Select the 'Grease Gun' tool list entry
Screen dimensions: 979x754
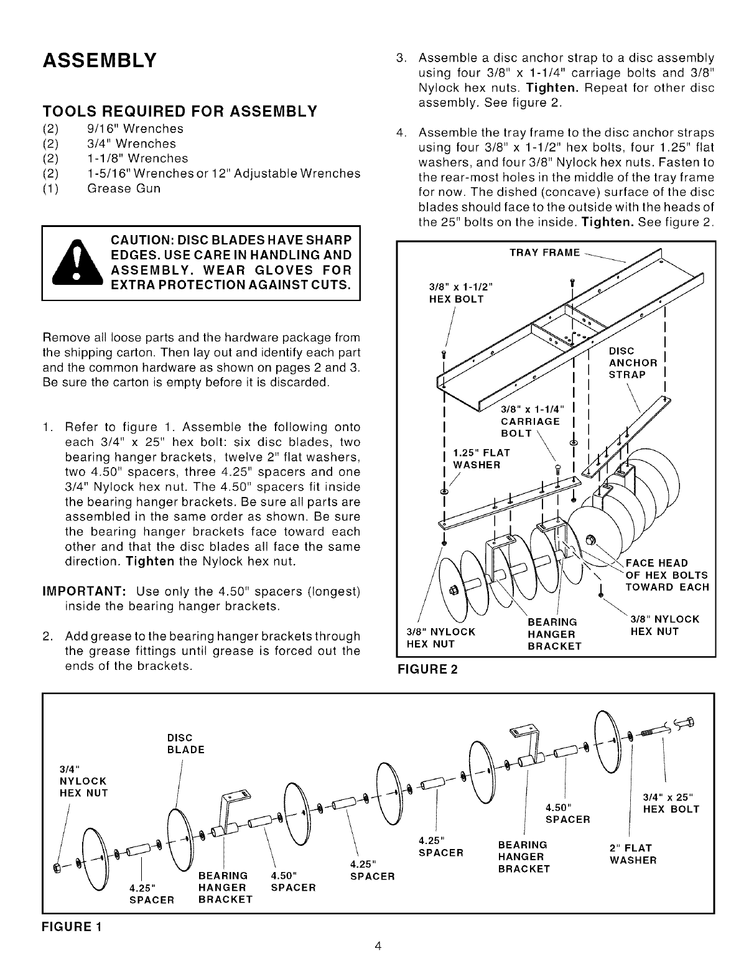pos(123,188)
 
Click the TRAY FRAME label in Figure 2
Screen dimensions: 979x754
pos(544,253)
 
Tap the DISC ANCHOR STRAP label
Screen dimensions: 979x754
pos(632,363)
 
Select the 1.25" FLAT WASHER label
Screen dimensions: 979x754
pos(482,458)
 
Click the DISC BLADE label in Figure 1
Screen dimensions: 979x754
pos(185,743)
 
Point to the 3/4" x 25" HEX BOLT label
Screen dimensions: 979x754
pos(671,803)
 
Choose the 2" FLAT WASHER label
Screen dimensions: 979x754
pos(633,853)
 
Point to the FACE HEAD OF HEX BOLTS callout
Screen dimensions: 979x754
pos(666,575)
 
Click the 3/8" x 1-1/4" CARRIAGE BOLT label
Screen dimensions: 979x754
pos(531,420)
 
